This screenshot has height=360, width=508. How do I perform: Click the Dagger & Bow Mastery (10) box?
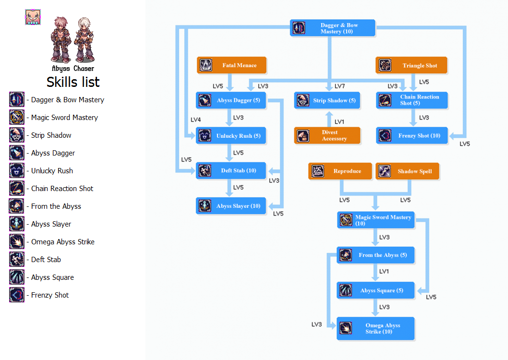(x=333, y=28)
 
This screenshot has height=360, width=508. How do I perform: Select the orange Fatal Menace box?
(x=231, y=65)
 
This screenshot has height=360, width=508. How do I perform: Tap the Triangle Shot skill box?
(x=411, y=65)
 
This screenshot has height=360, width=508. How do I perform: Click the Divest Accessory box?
(x=327, y=135)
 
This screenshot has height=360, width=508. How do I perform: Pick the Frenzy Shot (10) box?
(x=411, y=135)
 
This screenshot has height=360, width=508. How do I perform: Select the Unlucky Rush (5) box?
(x=231, y=136)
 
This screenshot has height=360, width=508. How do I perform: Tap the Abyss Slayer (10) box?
(x=231, y=206)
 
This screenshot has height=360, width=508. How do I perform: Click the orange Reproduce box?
(x=340, y=171)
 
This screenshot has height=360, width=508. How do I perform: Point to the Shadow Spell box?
(x=407, y=171)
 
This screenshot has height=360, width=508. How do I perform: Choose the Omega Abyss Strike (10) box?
(x=375, y=328)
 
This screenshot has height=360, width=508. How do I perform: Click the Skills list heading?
(x=73, y=82)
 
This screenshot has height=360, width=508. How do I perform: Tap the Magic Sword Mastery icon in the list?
(x=17, y=117)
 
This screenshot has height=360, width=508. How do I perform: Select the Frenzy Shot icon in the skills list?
(x=17, y=295)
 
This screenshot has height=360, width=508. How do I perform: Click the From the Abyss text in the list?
(x=56, y=206)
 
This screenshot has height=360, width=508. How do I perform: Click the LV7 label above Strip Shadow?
(x=339, y=86)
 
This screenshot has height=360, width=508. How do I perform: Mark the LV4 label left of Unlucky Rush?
(x=195, y=120)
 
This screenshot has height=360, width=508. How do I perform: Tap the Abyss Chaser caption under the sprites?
(x=73, y=69)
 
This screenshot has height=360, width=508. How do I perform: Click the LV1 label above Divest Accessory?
(x=339, y=122)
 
